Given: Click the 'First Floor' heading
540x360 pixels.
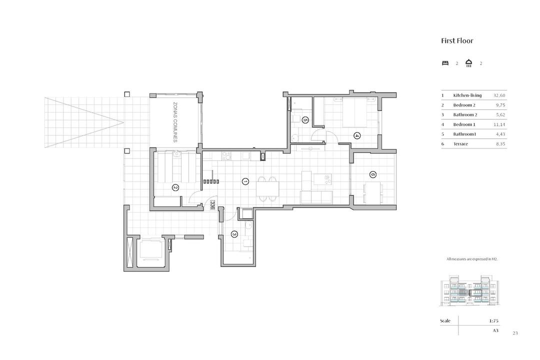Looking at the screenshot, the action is coord(457,40).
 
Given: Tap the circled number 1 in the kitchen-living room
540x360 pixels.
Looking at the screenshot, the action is coord(245,181).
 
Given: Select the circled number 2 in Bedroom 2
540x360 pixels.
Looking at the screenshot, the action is coord(175,187).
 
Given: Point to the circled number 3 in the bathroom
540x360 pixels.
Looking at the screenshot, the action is coord(234,234).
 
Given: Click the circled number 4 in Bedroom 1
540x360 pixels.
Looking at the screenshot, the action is coord(357,135).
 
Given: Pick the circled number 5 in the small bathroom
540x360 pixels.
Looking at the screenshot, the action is coord(305,120).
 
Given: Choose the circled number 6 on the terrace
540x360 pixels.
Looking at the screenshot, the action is coord(372,174).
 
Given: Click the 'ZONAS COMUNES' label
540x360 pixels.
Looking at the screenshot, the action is coord(175,122).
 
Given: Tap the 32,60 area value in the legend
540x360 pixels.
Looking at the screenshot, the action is coord(499,95).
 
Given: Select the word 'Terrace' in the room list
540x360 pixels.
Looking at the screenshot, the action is coord(460,144).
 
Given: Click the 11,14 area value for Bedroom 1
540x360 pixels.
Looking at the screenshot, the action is coord(499,124).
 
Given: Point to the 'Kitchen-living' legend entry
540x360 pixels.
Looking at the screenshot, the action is coord(467,95).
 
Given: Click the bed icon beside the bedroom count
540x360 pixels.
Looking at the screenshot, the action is coord(445,63).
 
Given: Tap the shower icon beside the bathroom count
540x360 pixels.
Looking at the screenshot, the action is coord(468,63).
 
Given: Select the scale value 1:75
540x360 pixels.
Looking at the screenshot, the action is coord(494,320).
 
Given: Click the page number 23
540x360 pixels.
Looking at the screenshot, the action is coord(515,333).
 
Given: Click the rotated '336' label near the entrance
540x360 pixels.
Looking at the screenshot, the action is coord(212,205).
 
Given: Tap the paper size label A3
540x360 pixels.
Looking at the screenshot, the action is coord(495,330).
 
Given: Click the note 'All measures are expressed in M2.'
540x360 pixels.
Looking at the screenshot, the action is coord(472,259).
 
